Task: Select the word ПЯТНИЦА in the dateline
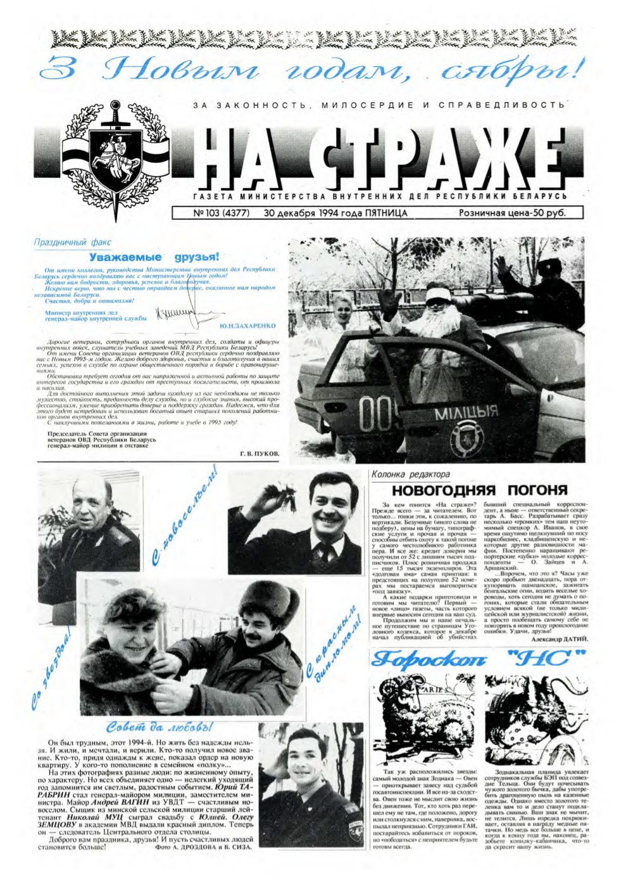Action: tap(386, 213)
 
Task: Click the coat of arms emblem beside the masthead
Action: tap(116, 155)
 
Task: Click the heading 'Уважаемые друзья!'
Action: tap(154, 257)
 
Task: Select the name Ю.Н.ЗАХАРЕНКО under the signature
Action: tap(247, 326)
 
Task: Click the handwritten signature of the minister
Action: tap(177, 311)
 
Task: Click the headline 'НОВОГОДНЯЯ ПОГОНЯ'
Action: tap(479, 490)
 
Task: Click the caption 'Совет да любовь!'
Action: tap(159, 726)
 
